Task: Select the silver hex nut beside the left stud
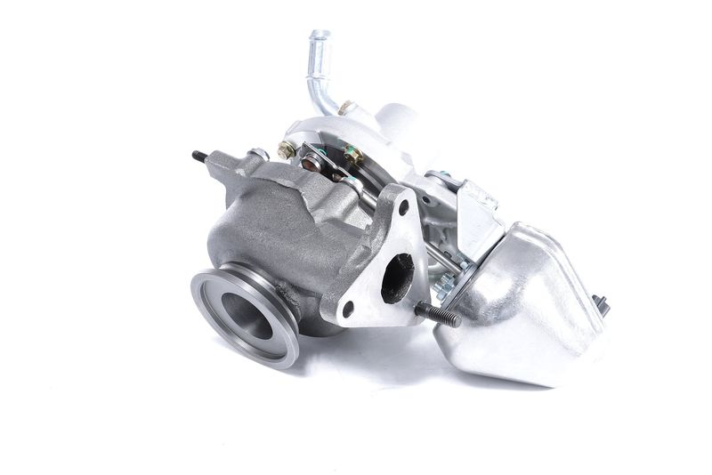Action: (x=258, y=154)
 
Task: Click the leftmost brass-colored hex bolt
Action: (x=287, y=150)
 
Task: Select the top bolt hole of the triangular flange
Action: (x=403, y=207)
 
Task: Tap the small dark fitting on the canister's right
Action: (x=601, y=305)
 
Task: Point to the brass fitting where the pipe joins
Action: (x=345, y=109)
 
